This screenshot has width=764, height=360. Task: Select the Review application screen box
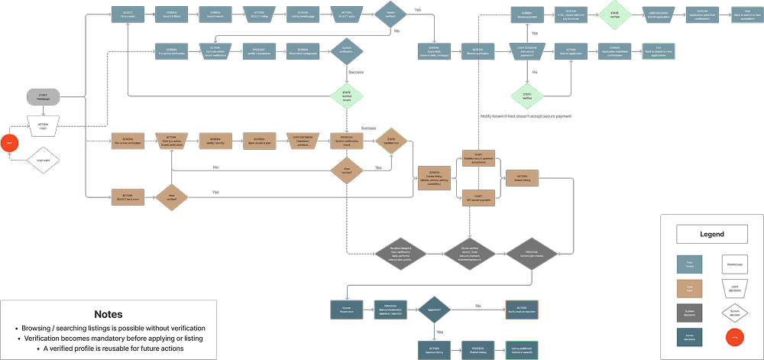pos(477,50)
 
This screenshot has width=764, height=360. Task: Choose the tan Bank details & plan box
pos(260,141)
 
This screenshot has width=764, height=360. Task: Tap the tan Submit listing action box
pos(523,177)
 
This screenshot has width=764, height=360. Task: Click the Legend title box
pos(711,234)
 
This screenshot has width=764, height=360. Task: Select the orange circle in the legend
pos(734,336)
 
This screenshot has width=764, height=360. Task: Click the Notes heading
pos(108,314)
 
